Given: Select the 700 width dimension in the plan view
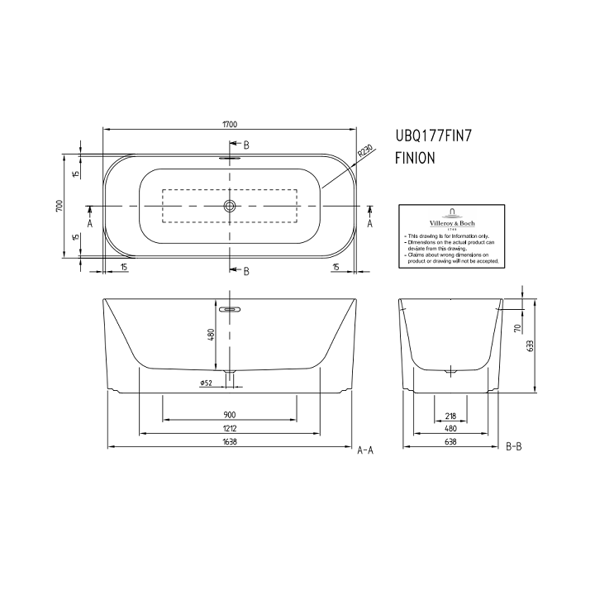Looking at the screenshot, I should pos(59,206).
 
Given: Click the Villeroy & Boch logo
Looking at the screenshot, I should pos(450,219).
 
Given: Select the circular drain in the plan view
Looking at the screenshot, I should pos(230,205).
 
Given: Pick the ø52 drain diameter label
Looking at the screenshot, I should pos(207,382).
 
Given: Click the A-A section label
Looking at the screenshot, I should pos(365,450).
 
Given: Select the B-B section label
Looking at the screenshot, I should pos(513,447).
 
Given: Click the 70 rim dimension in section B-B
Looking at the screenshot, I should pos(517,328).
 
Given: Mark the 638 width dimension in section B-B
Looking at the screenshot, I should pos(450,442).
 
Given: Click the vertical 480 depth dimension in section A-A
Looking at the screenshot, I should pos(211,334).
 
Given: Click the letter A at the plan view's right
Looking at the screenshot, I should pos(369,223).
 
